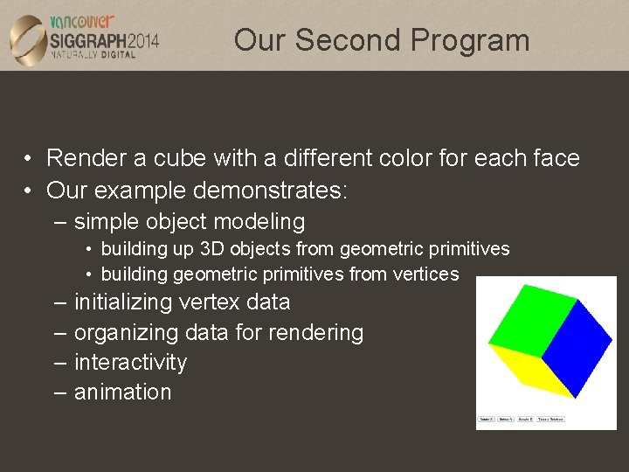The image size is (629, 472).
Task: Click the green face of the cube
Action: point(531,318)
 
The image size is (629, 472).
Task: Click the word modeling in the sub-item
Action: point(258,222)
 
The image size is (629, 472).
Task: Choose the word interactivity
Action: point(130,362)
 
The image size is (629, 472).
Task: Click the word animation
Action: point(122,392)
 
